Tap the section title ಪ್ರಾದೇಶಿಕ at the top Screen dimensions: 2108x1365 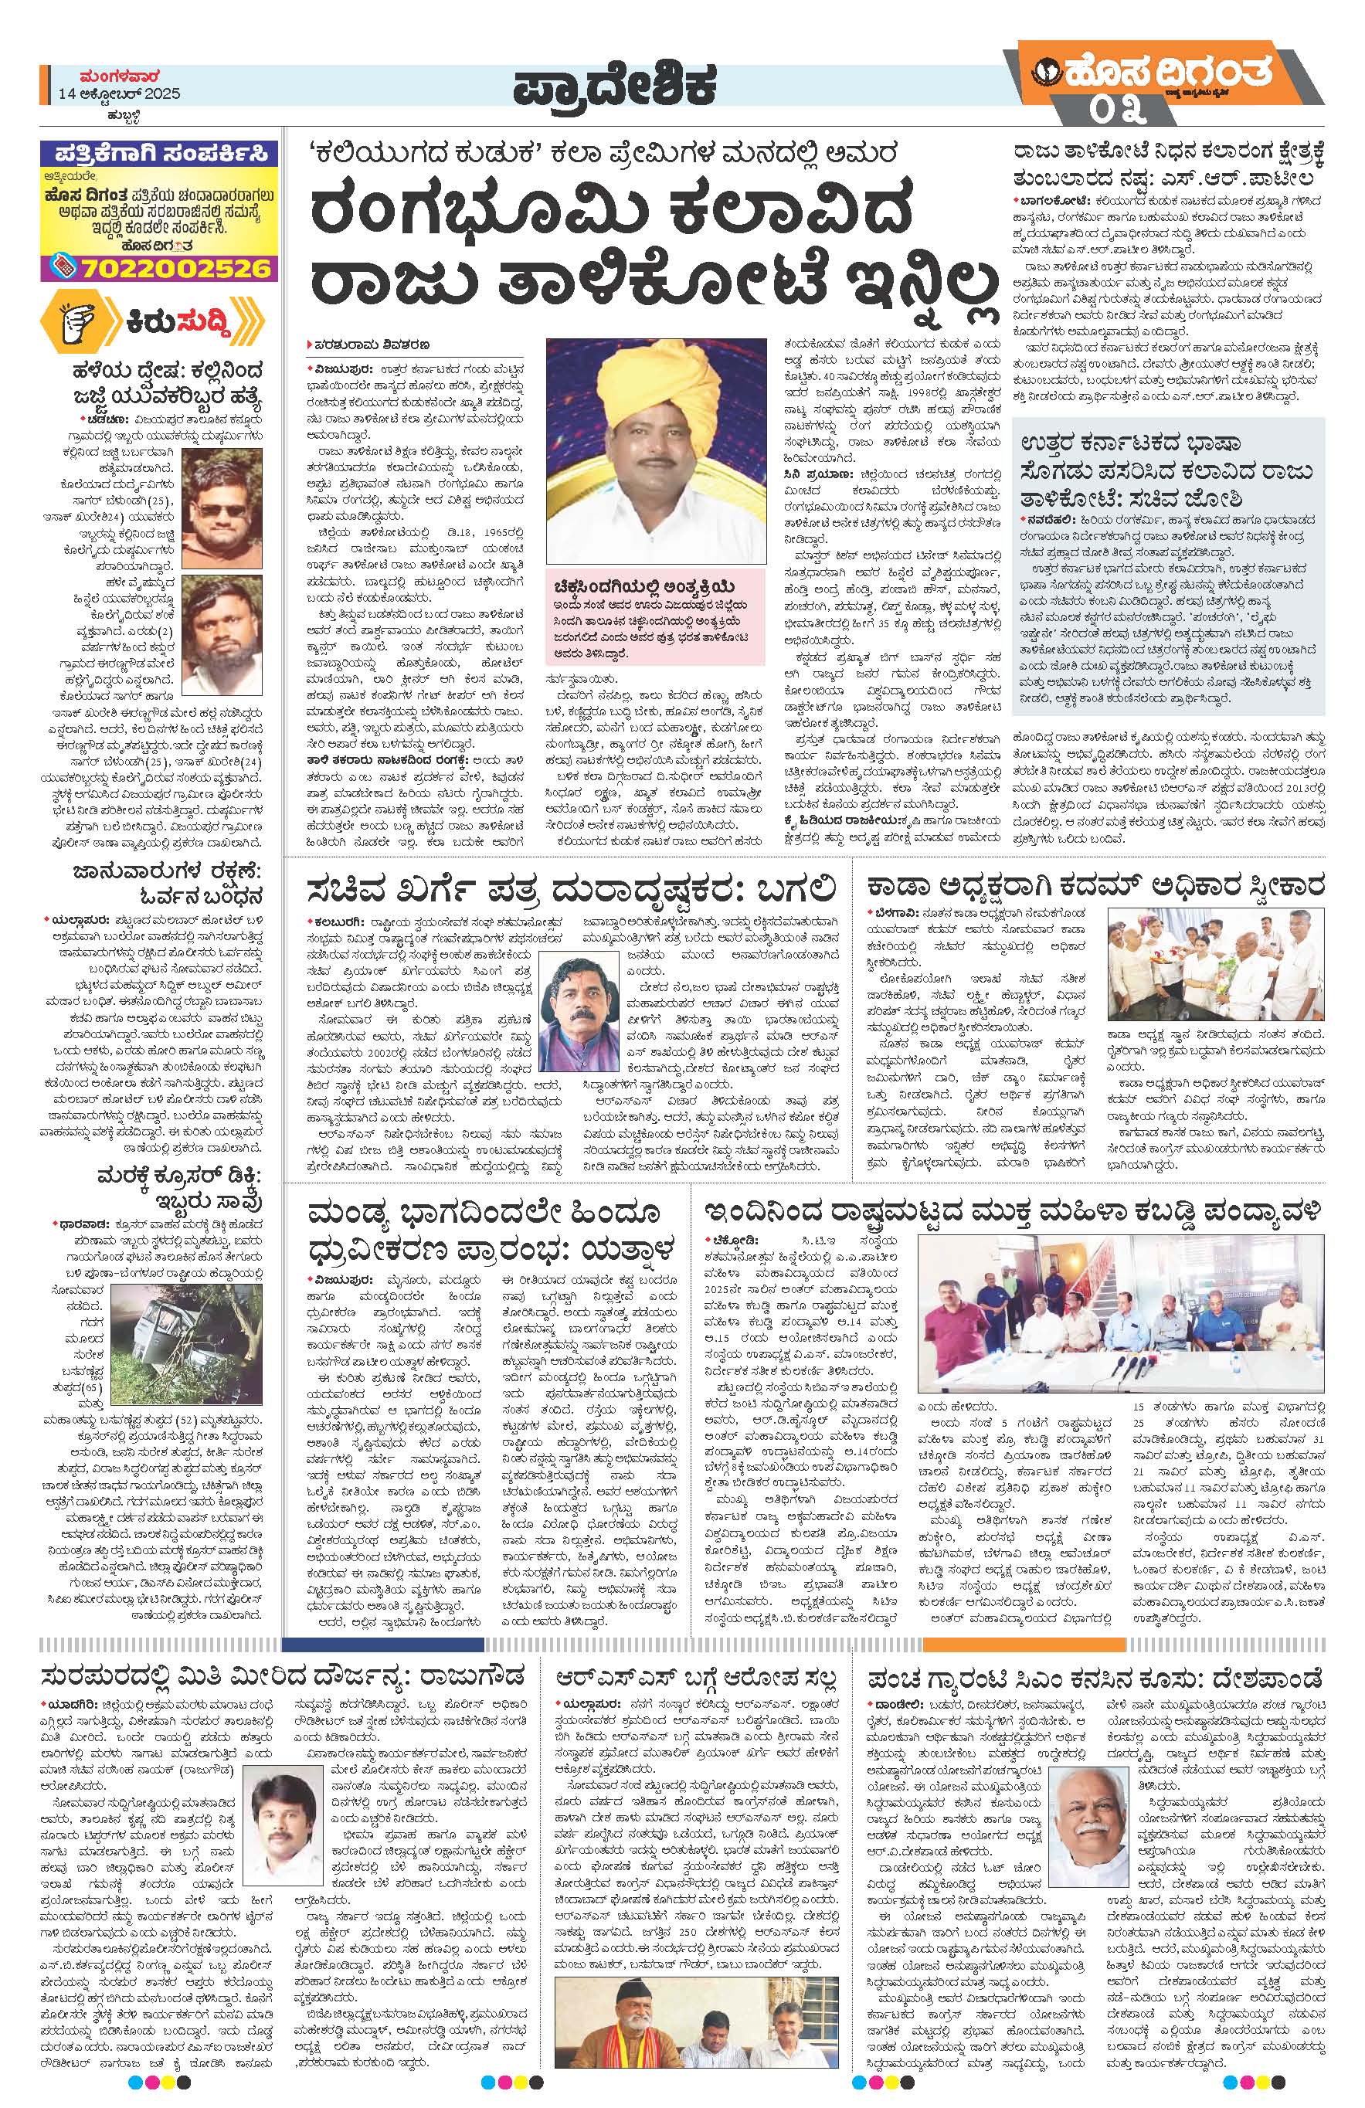click(613, 89)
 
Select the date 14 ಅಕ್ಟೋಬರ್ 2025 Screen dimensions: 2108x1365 click(120, 95)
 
